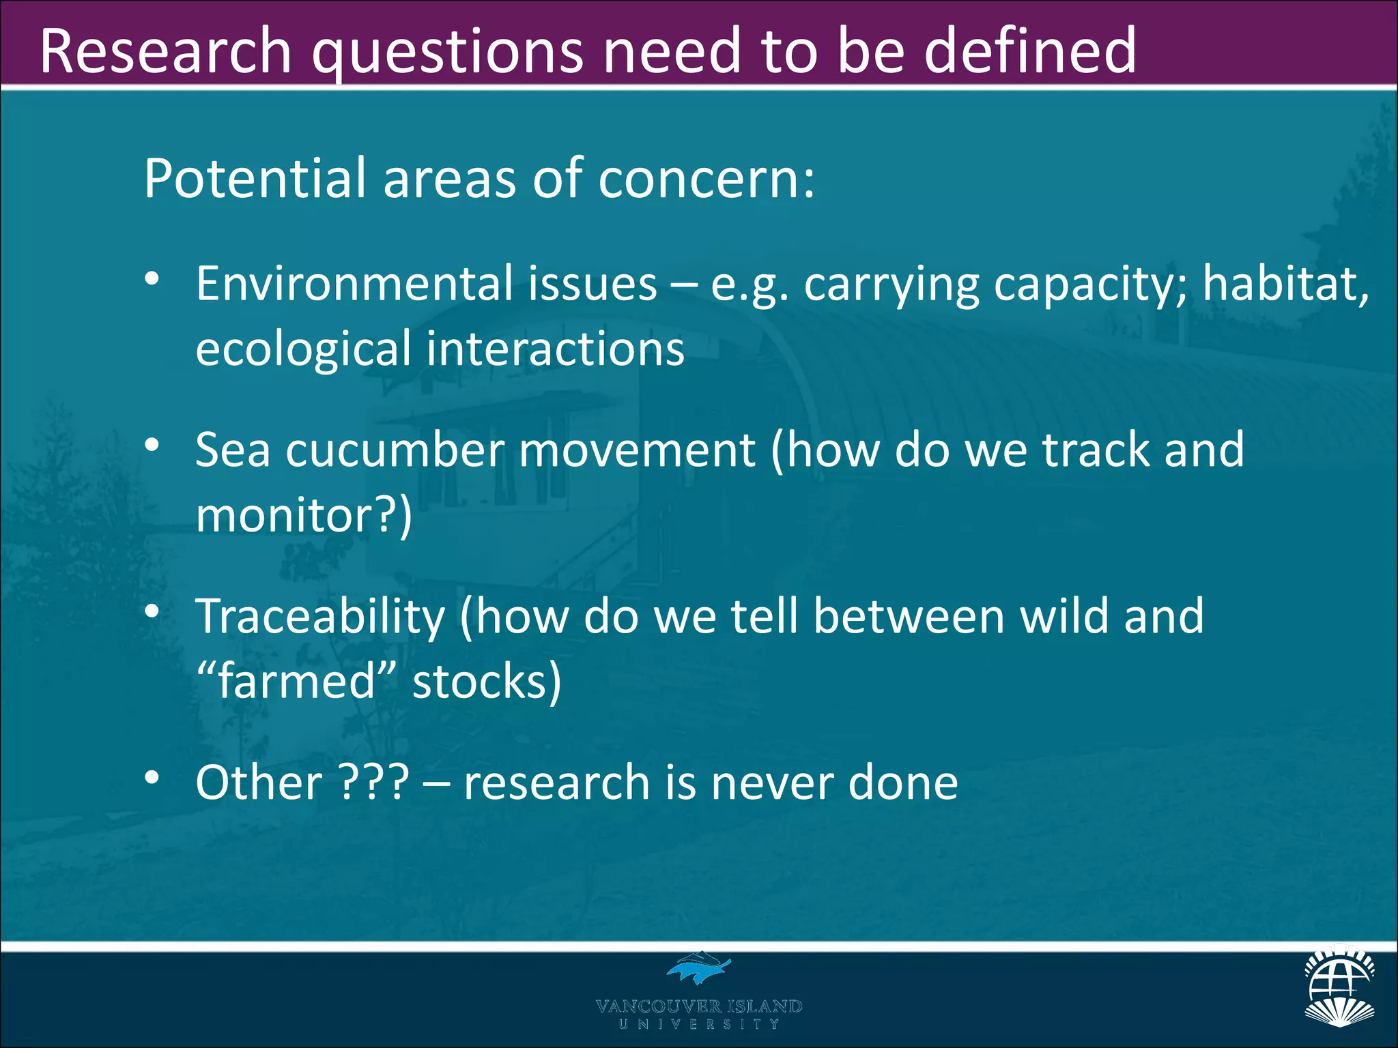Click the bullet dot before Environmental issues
[152, 279]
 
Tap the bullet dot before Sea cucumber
[152, 445]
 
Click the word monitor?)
[304, 516]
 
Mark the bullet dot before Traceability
[152, 611]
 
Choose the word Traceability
[320, 617]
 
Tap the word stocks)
[487, 682]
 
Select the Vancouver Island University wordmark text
[698, 1013]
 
